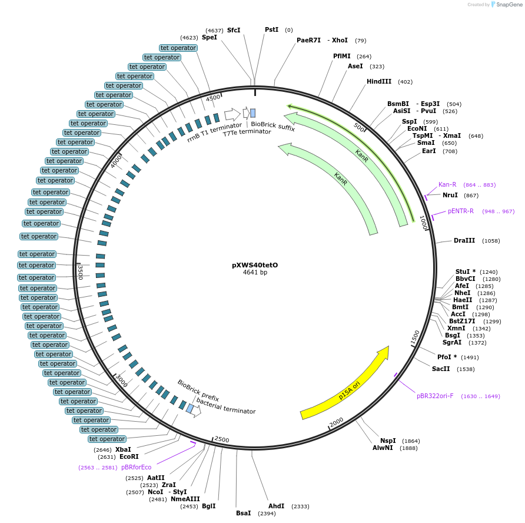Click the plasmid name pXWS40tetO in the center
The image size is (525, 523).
[x=254, y=265]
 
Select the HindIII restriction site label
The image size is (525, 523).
[x=379, y=82]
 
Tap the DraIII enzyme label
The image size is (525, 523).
[x=464, y=240]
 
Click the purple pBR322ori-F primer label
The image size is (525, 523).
[x=435, y=396]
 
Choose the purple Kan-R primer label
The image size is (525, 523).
[x=447, y=184]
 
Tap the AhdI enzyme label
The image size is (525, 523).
[x=277, y=506]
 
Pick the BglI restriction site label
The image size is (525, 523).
[x=209, y=506]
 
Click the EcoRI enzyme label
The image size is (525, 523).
[x=129, y=456]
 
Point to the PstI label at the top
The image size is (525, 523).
[x=271, y=29]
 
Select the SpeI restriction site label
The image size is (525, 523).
[x=210, y=37]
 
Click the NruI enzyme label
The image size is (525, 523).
[x=450, y=195]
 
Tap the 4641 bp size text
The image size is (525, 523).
[x=255, y=273]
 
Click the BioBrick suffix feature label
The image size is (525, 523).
[x=273, y=125]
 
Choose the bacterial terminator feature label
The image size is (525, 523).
[x=226, y=406]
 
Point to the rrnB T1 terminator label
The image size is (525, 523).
[x=214, y=133]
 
